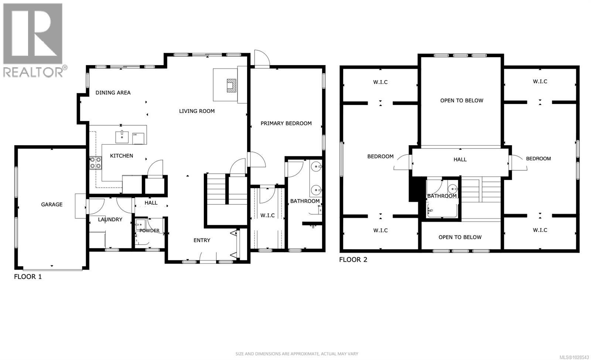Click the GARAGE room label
pos(52,204)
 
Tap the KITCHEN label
pos(122,156)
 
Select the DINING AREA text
pos(113,92)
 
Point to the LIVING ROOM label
pos(197,111)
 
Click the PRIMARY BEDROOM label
pos(286,123)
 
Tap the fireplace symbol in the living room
pos(231,85)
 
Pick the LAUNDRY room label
pos(110,219)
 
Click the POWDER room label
pos(150,231)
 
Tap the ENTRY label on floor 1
pos(202,240)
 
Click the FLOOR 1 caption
pos(28,276)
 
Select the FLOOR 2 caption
pos(353,259)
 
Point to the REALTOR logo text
pos(33,72)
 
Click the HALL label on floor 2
pos(460,159)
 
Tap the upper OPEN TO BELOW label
pos(462,101)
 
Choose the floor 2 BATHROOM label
pos(442,196)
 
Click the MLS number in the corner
pos(574,357)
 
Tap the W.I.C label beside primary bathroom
pos(267,215)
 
